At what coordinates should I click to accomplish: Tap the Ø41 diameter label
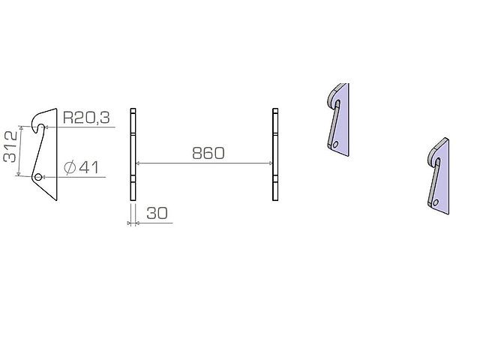(x=82, y=166)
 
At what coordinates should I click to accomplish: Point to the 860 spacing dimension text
(x=208, y=153)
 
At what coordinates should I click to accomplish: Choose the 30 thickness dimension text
(x=157, y=213)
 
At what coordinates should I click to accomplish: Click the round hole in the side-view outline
(x=37, y=177)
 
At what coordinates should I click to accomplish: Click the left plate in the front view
(x=133, y=154)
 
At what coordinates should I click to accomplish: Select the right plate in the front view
(x=275, y=154)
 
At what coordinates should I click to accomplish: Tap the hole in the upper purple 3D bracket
(x=337, y=145)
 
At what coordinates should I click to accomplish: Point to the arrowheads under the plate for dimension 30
(x=133, y=222)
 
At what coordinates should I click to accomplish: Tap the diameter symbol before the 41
(x=70, y=167)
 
